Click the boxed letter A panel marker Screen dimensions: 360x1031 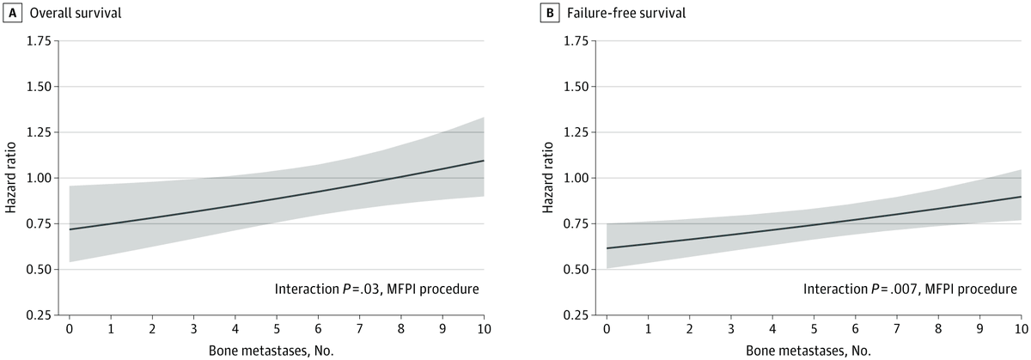coord(11,13)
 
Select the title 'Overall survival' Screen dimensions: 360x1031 coord(63,13)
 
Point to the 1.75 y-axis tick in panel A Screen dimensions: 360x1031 coord(39,41)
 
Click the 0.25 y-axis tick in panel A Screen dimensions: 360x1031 coord(39,314)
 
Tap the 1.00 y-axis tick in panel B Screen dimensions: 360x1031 coord(577,178)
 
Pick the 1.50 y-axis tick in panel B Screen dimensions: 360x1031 coord(577,87)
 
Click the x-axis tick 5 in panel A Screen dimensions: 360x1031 coord(276,328)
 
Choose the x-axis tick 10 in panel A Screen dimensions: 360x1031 coord(483,328)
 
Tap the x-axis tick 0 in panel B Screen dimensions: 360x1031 coord(607,328)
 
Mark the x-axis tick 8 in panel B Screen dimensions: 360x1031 coord(937,328)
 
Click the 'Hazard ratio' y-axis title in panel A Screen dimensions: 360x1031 coord(10,178)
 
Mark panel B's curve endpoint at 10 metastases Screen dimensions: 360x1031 coord(1020,197)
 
